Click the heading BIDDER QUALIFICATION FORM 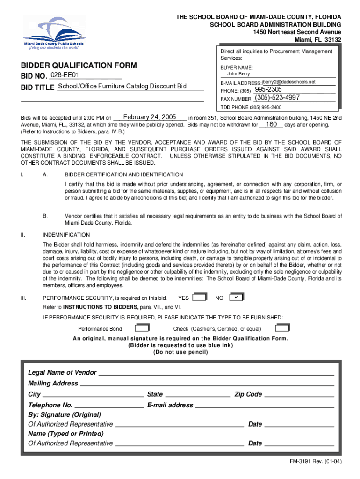click(79, 65)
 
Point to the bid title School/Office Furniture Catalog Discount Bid click(122, 87)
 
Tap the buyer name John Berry click(238, 74)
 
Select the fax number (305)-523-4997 click(277, 98)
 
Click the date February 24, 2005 click(149, 117)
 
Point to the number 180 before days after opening click(272, 125)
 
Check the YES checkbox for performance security click(199, 297)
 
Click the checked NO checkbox click(237, 297)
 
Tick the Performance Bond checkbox click(145, 328)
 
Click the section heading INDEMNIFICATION click(66, 235)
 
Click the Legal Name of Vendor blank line click(216, 373)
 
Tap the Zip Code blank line click(299, 395)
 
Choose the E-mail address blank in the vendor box click(264, 406)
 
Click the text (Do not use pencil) click(180, 352)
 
